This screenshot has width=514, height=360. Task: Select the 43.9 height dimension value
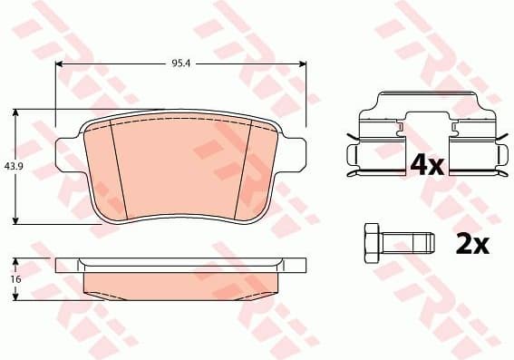click(x=13, y=166)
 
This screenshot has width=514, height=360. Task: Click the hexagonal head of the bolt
click(x=370, y=242)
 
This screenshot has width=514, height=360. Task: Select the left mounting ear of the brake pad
click(x=67, y=154)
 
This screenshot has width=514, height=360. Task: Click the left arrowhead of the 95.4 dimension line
click(x=60, y=64)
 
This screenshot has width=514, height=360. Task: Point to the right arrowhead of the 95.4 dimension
click(x=303, y=64)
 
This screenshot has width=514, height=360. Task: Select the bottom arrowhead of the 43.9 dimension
click(x=16, y=220)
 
